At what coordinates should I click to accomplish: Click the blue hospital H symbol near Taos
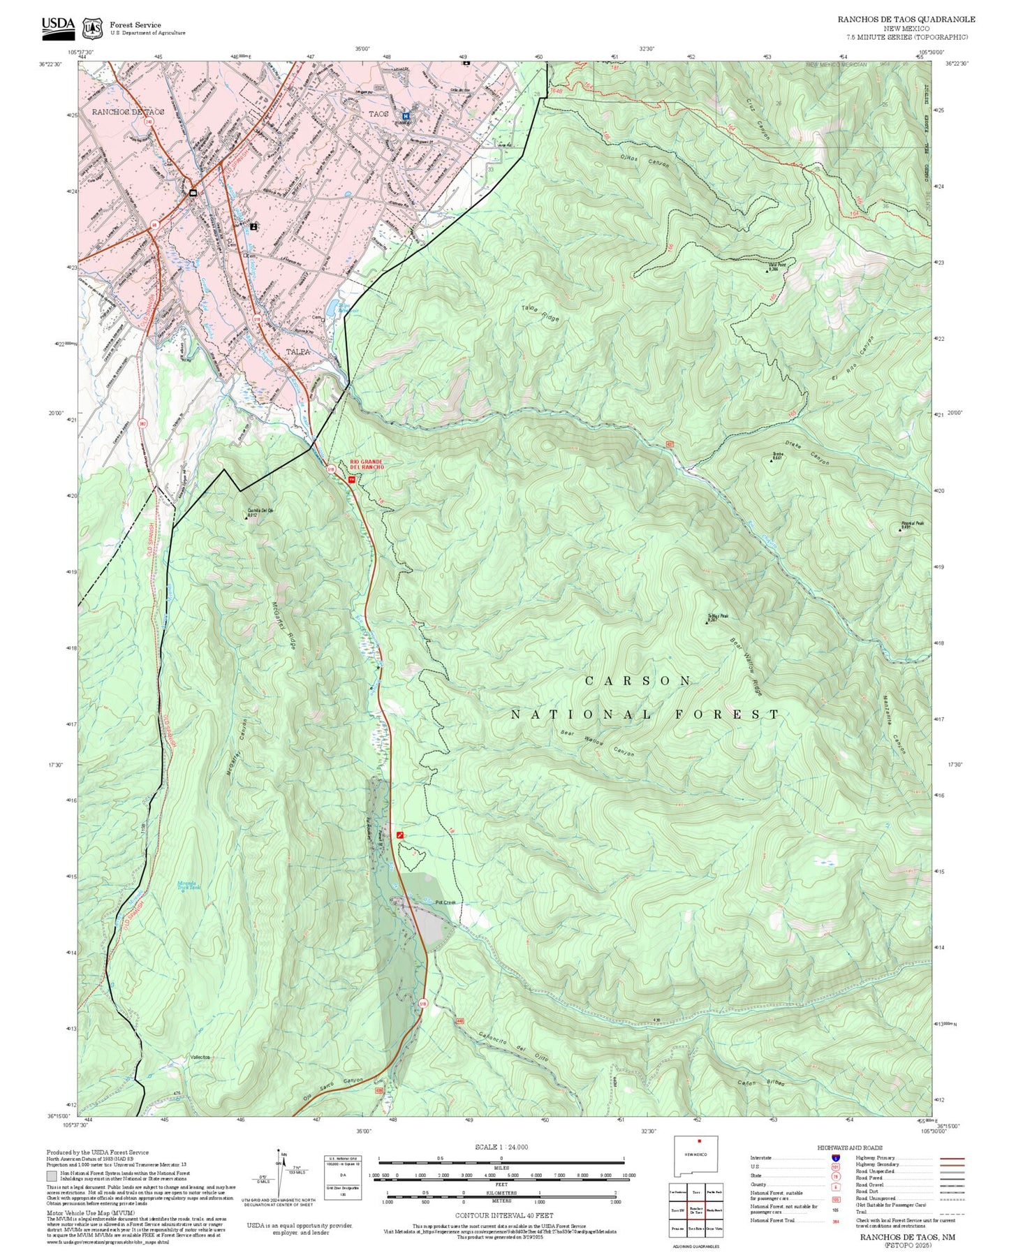click(x=405, y=116)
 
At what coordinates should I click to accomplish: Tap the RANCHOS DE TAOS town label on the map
click(x=128, y=112)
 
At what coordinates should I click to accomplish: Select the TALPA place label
click(x=297, y=351)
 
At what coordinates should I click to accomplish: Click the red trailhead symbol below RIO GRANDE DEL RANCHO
click(x=352, y=479)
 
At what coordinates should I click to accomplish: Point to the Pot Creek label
click(x=445, y=902)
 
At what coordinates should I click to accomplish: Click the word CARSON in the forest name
click(x=638, y=680)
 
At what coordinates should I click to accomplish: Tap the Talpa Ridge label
click(x=540, y=314)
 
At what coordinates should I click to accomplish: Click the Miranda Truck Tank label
click(x=188, y=885)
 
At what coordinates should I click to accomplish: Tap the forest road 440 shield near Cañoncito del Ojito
click(x=459, y=1021)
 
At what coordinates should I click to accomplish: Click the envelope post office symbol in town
click(x=193, y=193)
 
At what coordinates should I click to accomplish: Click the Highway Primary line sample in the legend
click(x=952, y=1158)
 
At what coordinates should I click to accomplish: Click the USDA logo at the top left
click(x=58, y=25)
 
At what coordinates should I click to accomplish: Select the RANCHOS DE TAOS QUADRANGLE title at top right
click(x=906, y=20)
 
